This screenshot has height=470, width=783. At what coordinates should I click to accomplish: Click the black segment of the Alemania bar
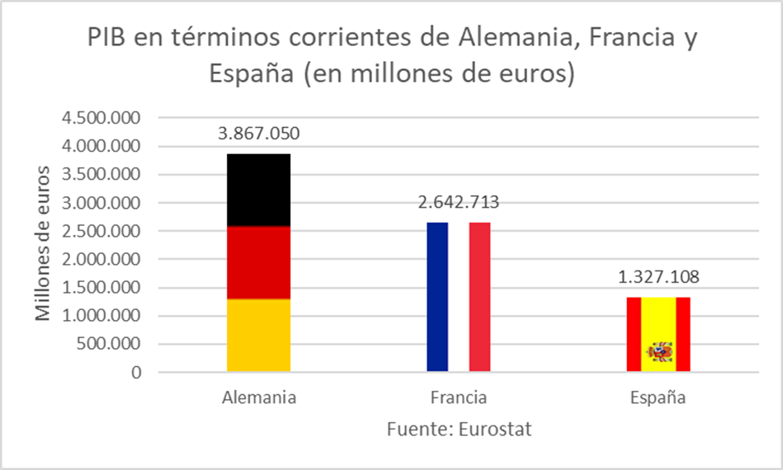tap(258, 190)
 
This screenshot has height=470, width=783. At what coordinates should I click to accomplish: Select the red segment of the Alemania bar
tap(258, 262)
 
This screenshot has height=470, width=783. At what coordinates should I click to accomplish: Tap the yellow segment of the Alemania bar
tap(258, 335)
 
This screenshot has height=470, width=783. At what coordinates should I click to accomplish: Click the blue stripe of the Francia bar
tap(437, 297)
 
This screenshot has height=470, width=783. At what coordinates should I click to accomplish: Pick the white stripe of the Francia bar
tap(459, 297)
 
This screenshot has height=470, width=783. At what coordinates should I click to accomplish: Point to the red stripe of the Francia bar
tap(480, 297)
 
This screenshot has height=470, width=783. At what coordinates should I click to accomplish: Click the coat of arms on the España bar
tap(659, 352)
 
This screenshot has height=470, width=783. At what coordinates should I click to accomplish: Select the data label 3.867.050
tap(258, 134)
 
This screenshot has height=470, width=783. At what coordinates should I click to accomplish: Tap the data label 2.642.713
tap(459, 202)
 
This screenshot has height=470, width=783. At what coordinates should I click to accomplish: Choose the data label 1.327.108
tap(658, 277)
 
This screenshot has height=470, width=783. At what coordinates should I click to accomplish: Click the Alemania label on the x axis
tap(259, 397)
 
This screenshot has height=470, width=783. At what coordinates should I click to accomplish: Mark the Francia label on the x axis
tap(459, 397)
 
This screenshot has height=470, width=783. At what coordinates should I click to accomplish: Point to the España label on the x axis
tap(658, 397)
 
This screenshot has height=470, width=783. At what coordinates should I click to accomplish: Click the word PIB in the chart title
tap(111, 38)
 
